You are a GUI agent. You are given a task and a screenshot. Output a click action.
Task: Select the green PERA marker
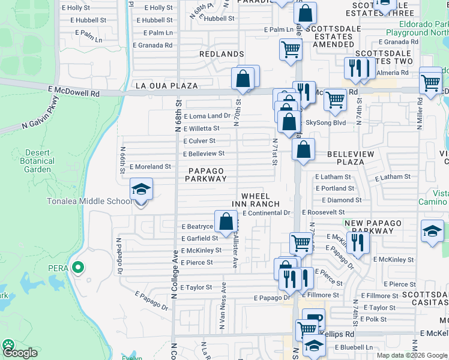[77, 267]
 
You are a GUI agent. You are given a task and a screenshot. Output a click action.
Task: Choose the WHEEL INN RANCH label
[261, 200]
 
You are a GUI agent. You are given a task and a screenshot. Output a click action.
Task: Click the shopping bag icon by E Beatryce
[226, 222]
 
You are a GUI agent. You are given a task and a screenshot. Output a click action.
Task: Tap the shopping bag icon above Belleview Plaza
[304, 149]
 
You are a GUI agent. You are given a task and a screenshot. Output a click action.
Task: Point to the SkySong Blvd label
[326, 122]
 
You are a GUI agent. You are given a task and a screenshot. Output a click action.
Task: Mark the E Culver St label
[199, 141]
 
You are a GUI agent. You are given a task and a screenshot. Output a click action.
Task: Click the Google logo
[21, 353]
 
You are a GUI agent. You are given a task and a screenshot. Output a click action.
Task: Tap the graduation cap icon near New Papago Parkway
[432, 231]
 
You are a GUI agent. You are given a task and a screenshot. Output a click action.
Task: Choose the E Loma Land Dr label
[207, 116]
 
